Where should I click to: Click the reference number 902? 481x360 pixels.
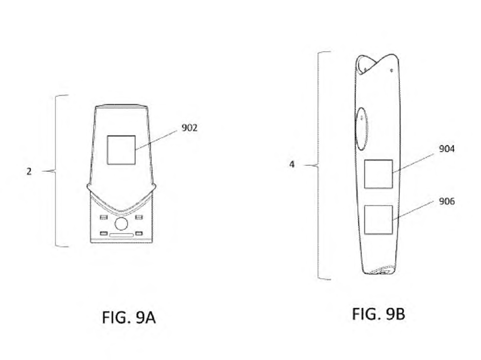(x=189, y=128)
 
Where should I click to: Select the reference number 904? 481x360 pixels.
(x=447, y=149)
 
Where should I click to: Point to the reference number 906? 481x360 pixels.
(x=447, y=201)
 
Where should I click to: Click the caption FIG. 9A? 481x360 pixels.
(x=129, y=317)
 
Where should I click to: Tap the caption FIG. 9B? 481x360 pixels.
(x=379, y=314)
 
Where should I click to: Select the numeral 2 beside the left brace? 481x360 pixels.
(x=29, y=171)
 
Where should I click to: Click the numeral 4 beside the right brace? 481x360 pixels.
(x=292, y=164)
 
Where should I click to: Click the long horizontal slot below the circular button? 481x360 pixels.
(x=122, y=235)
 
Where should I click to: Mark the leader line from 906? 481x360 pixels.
(x=413, y=211)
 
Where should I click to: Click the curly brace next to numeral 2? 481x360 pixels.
(x=55, y=171)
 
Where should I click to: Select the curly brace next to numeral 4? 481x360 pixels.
(x=318, y=166)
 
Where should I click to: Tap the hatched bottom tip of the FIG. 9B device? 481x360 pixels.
(x=381, y=270)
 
